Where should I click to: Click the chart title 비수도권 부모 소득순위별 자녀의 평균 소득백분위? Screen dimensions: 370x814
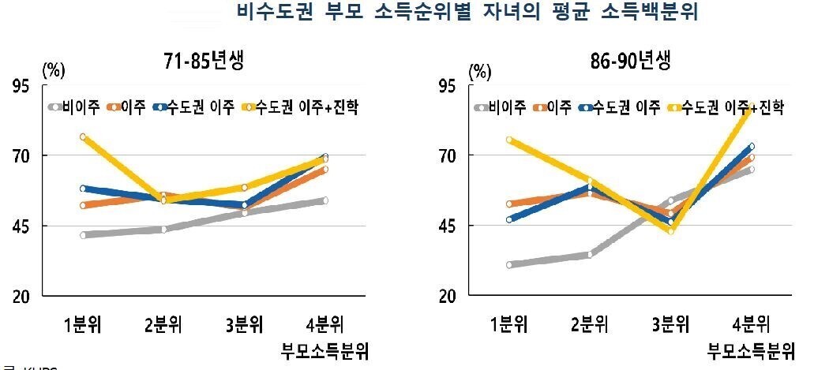(x=467, y=13)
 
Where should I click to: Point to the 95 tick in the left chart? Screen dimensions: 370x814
(x=26, y=86)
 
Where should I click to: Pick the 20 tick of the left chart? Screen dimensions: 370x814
(x=26, y=297)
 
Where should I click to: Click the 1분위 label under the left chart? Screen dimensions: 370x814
(x=83, y=323)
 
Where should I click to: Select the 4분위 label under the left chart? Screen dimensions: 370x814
(x=324, y=323)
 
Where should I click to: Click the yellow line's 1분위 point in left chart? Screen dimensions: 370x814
(x=83, y=137)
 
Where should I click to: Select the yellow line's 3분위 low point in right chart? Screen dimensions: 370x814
(x=671, y=231)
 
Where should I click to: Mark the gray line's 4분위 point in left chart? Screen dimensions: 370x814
(x=324, y=200)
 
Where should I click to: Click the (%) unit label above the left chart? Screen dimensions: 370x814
(x=53, y=69)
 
